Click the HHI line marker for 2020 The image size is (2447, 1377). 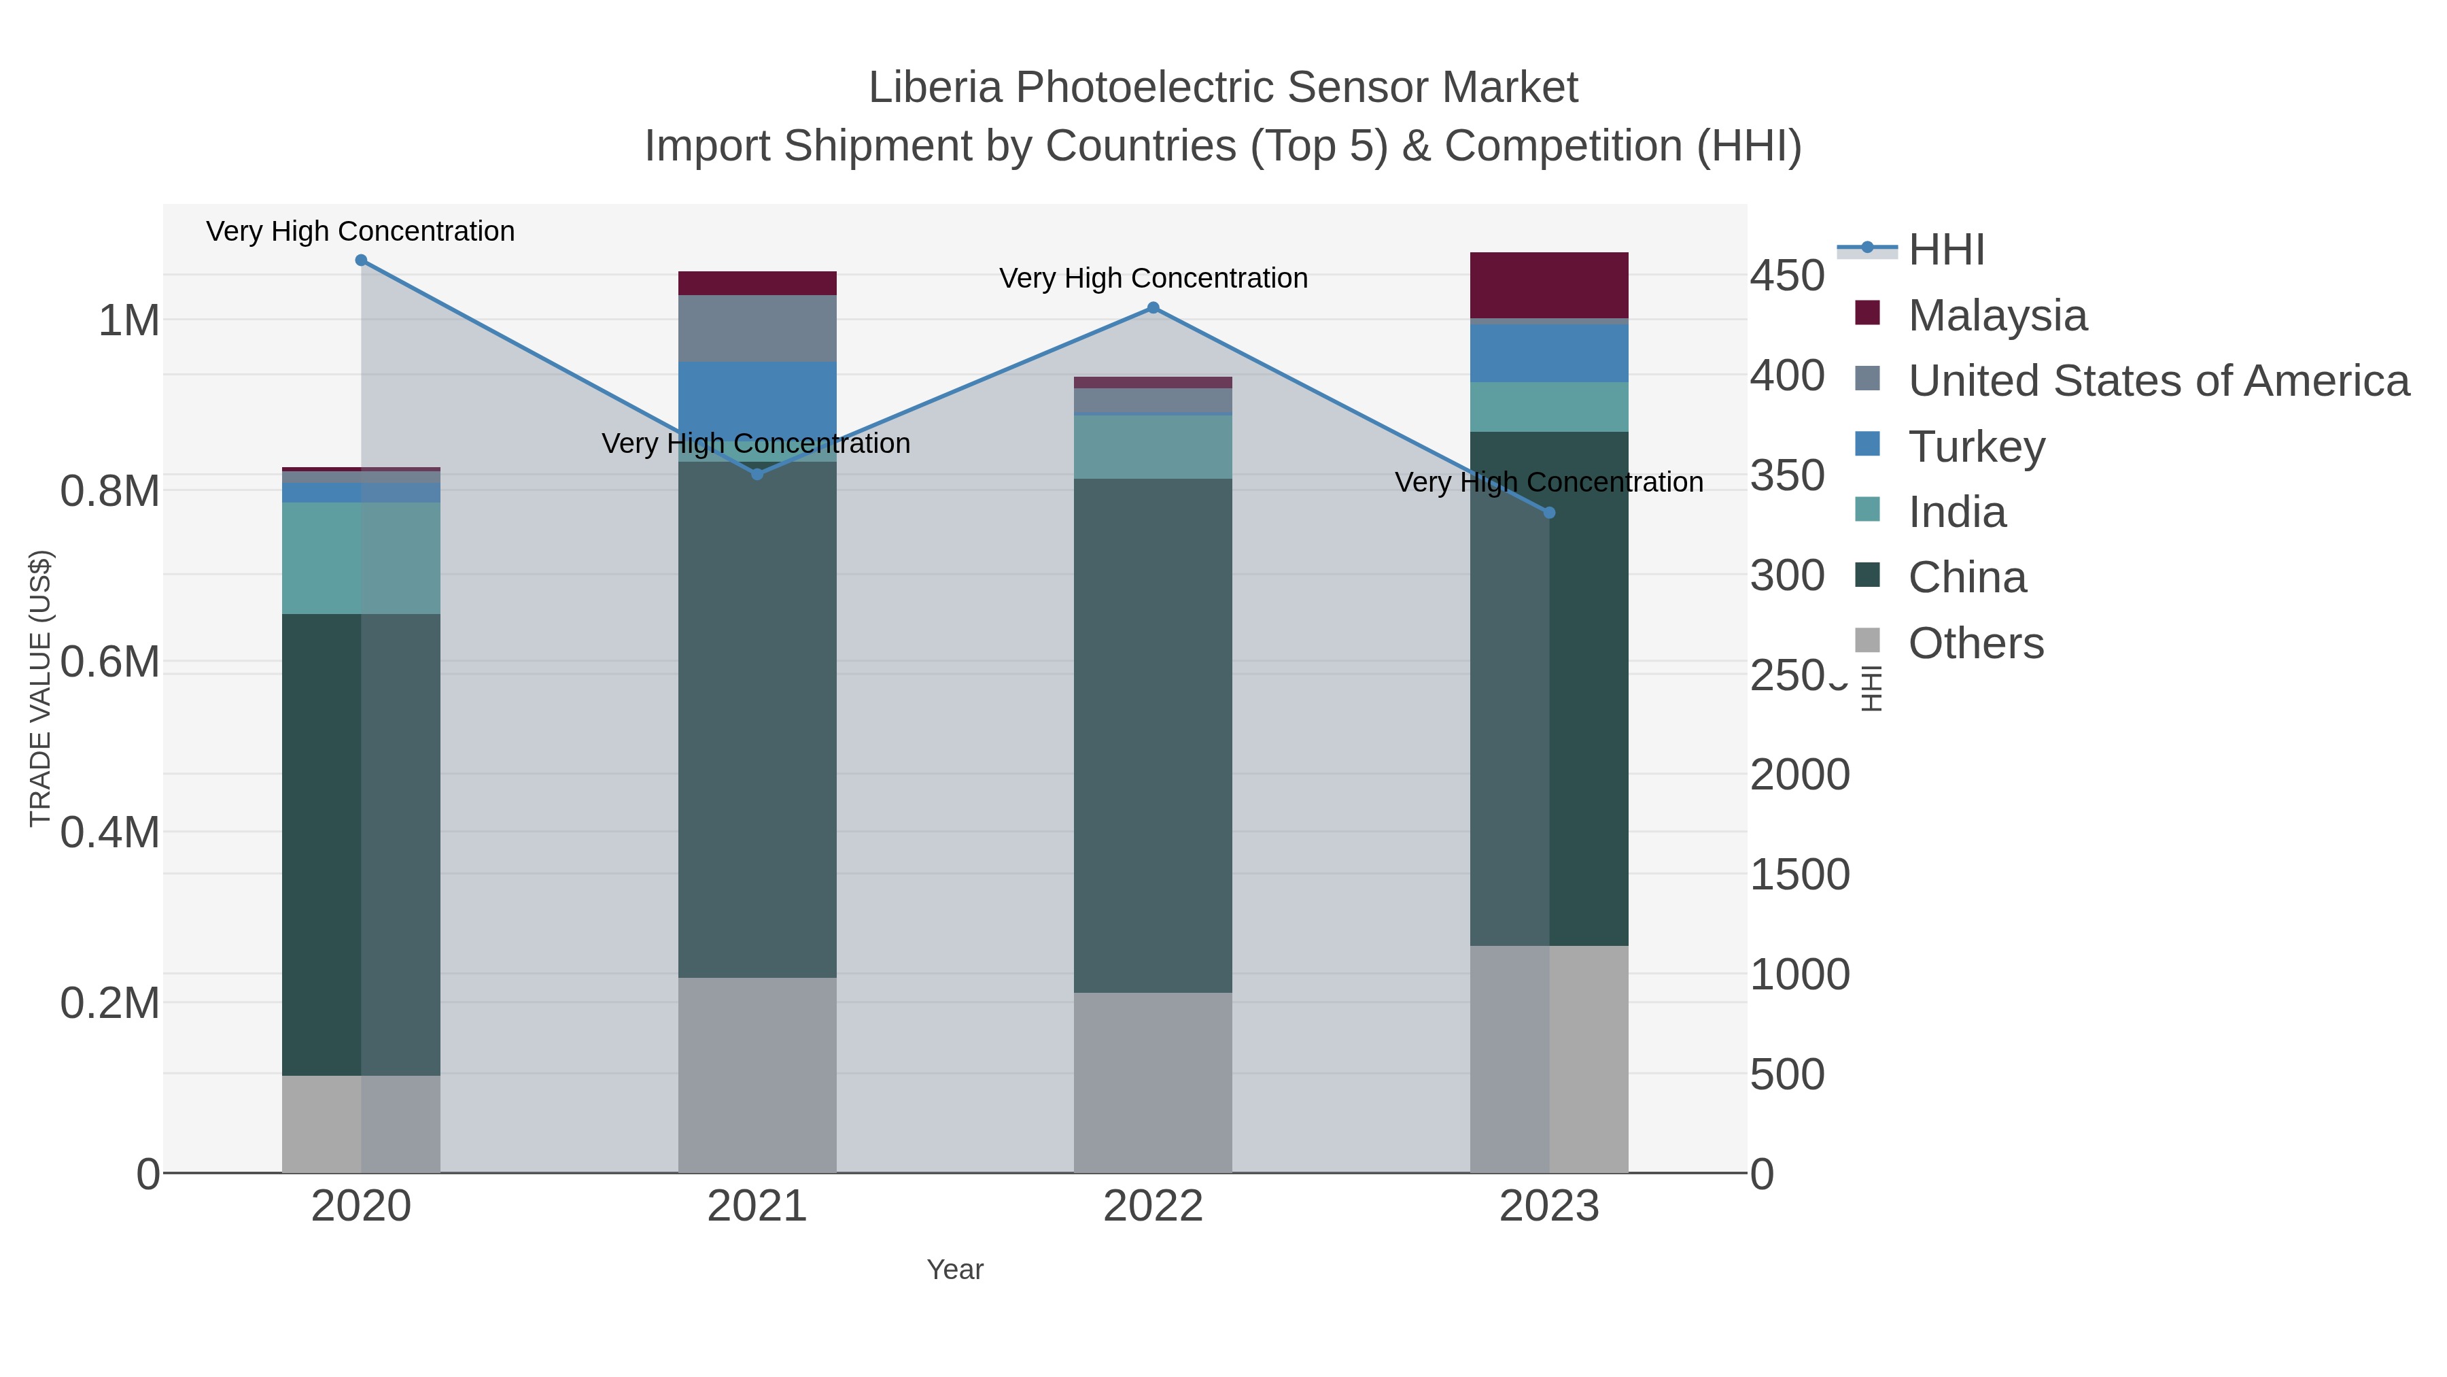[361, 260]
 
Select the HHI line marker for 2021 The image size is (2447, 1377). [757, 474]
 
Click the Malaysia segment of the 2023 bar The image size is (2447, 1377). [1549, 285]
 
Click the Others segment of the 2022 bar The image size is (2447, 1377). [1153, 1083]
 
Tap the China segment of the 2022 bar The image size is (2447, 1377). [1153, 736]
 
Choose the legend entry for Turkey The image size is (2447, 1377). [1976, 447]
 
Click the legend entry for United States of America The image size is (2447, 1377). [2156, 381]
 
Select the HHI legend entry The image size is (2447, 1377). [1945, 250]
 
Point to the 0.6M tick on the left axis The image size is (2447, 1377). [110, 662]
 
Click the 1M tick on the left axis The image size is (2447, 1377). [129, 321]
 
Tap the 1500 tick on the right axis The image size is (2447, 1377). [1799, 874]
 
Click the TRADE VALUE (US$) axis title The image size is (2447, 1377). [40, 688]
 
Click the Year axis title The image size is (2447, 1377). [955, 1270]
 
